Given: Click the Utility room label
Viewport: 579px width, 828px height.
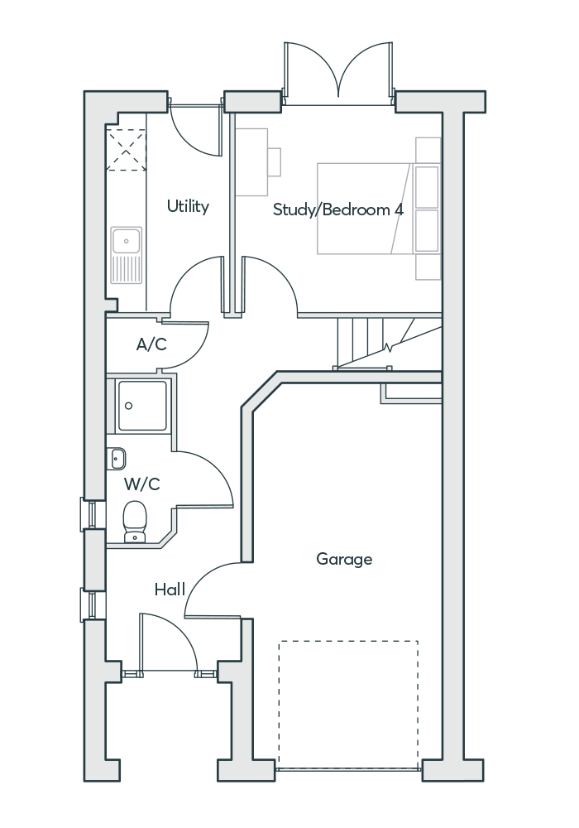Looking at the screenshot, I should point(188,206).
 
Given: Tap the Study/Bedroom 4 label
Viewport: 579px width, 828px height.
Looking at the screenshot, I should point(338,209).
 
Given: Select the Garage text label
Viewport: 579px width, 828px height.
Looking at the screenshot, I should point(344,560).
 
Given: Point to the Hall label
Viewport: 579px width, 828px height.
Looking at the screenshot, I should point(170,590).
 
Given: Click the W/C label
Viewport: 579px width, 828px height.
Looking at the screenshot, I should point(142,483).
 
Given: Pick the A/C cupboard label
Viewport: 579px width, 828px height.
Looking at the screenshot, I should point(151,344).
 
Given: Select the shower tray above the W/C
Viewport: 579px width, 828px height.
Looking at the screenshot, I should point(142,405).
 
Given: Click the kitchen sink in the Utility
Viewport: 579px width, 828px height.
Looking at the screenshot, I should point(127,254).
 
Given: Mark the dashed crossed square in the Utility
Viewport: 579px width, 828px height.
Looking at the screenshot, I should point(127,150).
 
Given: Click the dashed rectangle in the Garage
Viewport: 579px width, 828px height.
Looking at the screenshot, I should point(347,704).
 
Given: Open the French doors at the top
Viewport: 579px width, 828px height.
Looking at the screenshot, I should point(337,75).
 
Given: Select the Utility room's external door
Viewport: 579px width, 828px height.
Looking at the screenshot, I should point(197,128).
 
